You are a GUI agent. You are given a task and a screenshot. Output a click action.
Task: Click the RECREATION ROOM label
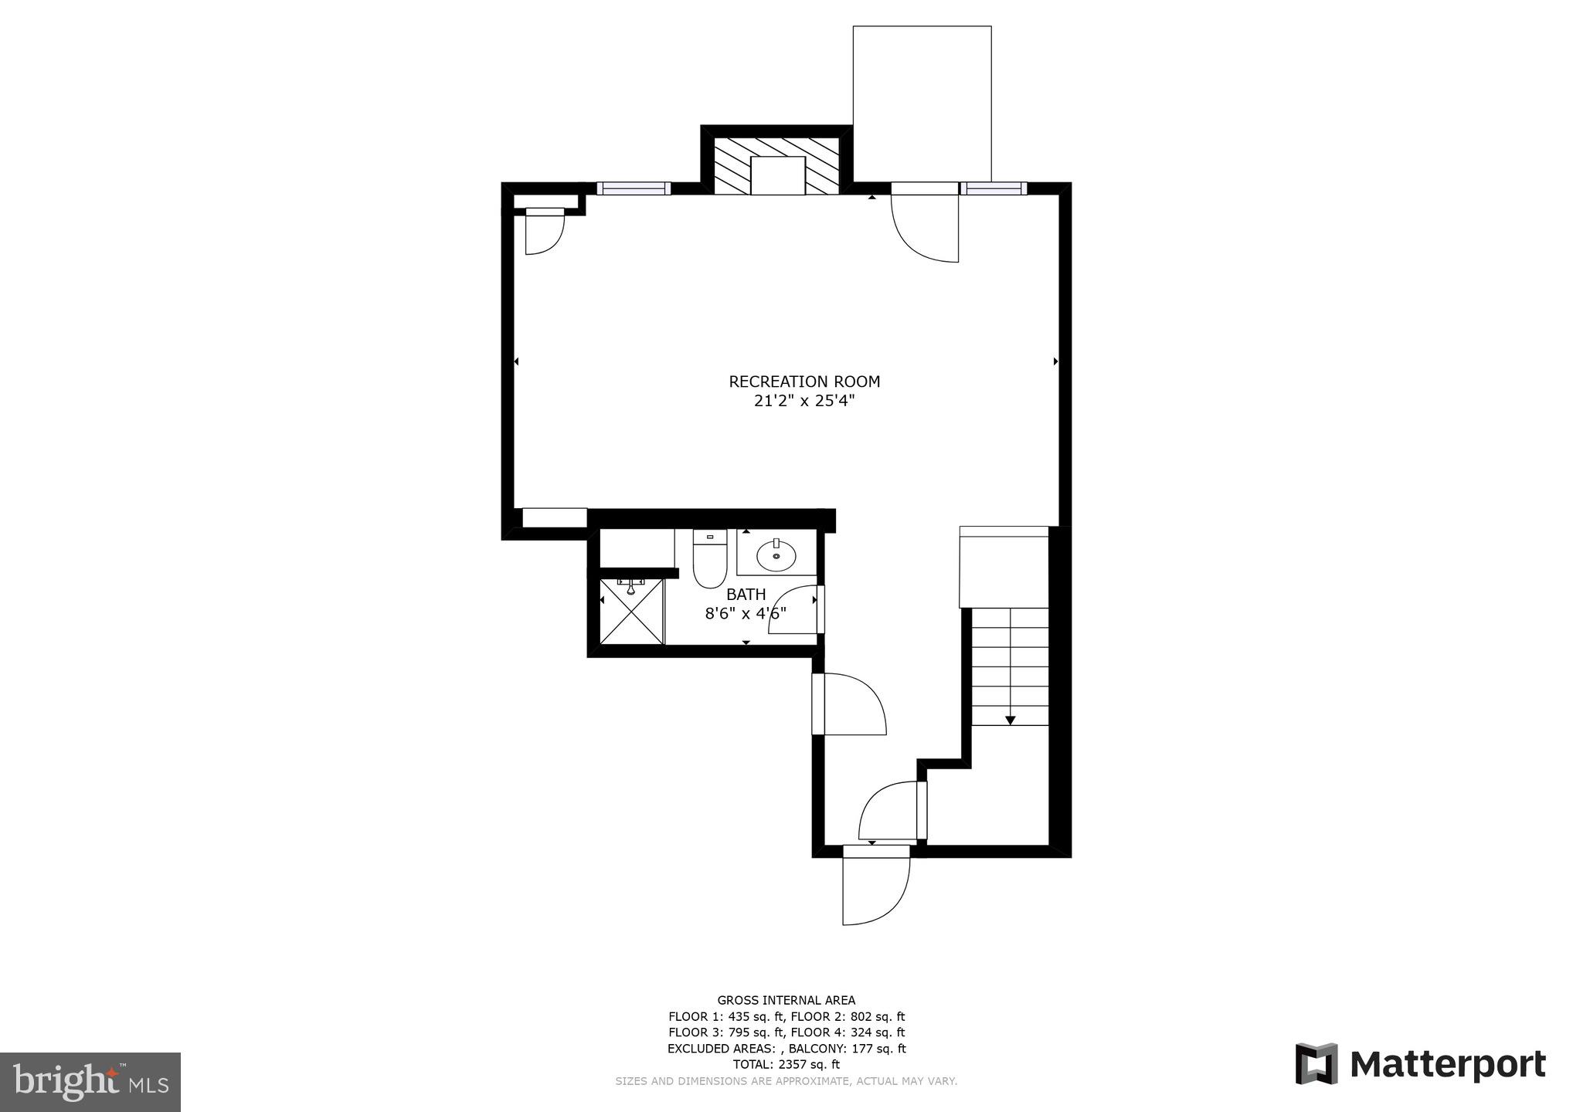click(x=804, y=381)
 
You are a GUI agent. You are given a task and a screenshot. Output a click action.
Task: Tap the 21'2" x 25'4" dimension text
click(x=804, y=402)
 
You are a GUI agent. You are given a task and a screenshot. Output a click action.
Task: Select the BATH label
click(x=746, y=595)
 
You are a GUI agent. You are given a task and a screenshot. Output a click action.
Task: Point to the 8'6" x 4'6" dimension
click(x=746, y=614)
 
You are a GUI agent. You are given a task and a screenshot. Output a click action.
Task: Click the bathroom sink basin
click(x=776, y=554)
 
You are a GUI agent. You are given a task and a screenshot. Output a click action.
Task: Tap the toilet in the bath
click(x=709, y=561)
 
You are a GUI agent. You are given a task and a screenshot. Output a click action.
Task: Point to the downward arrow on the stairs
click(x=1010, y=720)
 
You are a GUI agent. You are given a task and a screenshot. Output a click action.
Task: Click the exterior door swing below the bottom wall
click(x=875, y=890)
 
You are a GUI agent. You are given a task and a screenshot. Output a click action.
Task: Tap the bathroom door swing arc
click(x=792, y=610)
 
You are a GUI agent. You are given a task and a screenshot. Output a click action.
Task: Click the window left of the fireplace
click(x=634, y=188)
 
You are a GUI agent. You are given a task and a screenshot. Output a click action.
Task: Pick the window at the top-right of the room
click(x=994, y=188)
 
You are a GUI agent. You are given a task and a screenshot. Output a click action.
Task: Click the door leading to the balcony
click(x=925, y=224)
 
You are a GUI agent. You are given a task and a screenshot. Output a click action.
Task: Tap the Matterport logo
click(x=1420, y=1065)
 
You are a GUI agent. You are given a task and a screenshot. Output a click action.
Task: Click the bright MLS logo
click(x=90, y=1082)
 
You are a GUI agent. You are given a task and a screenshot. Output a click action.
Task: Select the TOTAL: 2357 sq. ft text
click(x=786, y=1064)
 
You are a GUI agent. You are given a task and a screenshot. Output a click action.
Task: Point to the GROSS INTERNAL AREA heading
click(x=786, y=1000)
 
